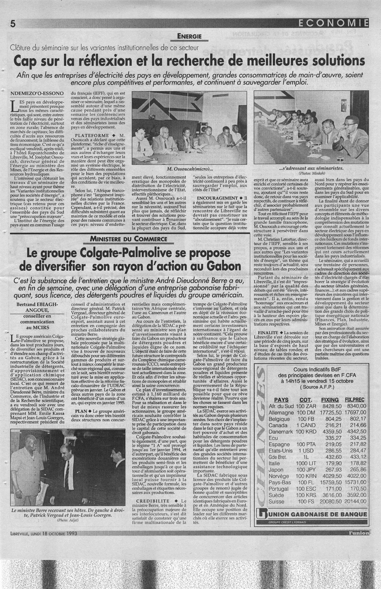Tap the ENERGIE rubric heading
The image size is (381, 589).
tap(189, 36)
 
